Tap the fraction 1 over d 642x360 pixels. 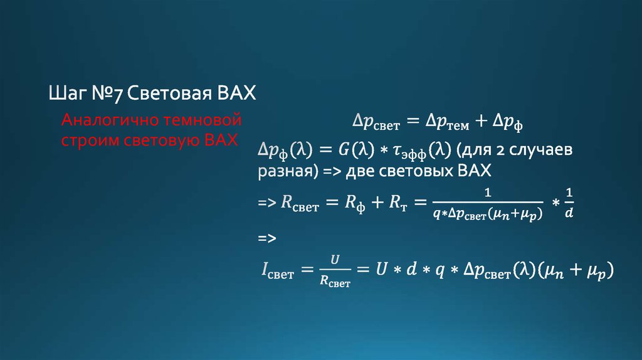(569, 203)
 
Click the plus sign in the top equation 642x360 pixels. (481, 122)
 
